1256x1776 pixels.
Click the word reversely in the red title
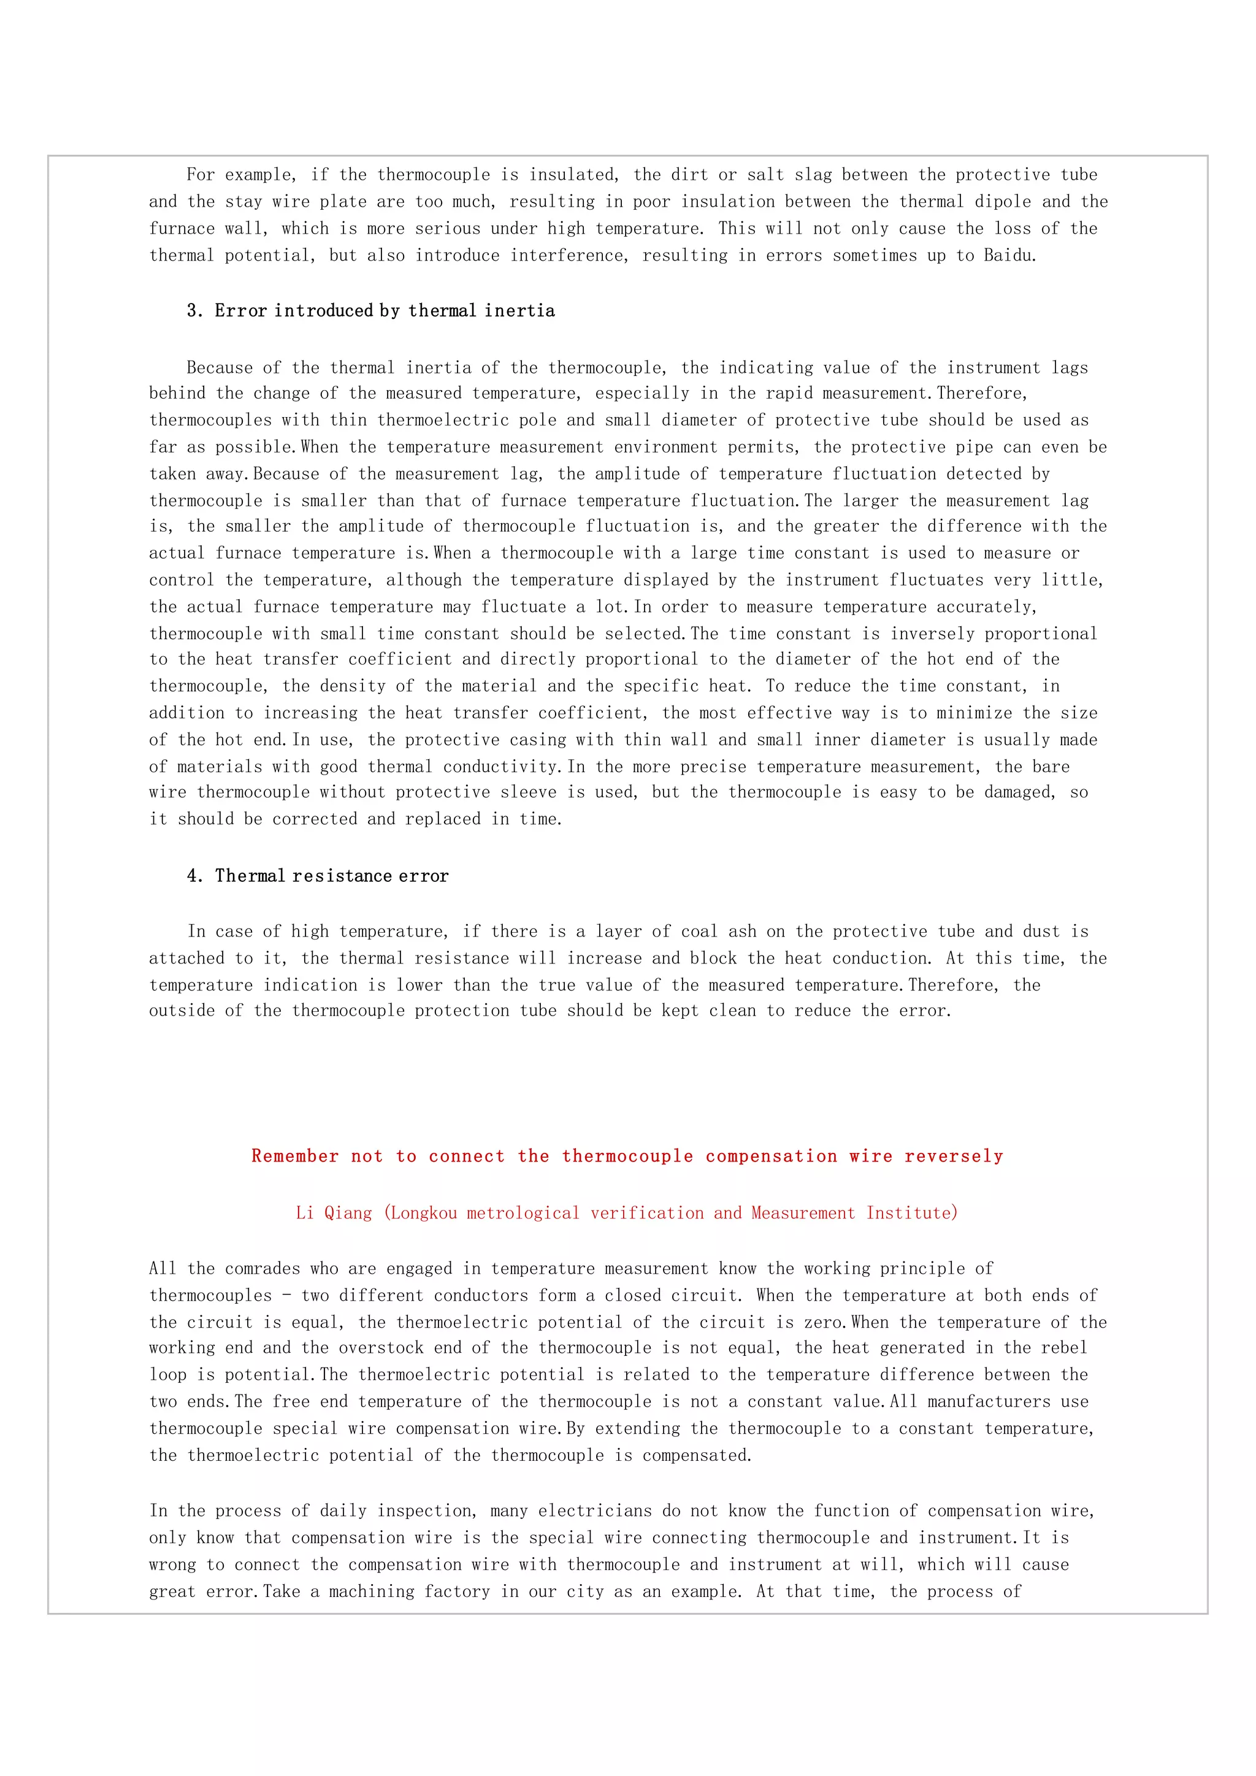coord(954,1157)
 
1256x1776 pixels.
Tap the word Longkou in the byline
coord(423,1213)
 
